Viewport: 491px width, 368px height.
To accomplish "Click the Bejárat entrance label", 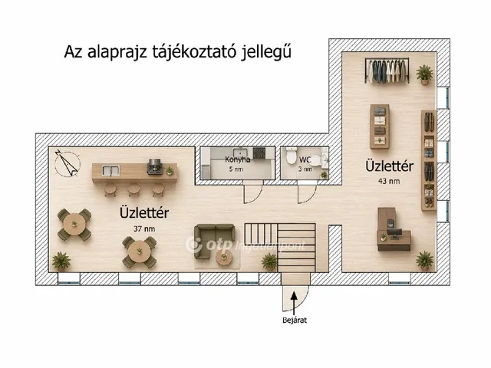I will [x=295, y=320].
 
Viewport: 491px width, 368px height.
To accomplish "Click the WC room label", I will [x=305, y=160].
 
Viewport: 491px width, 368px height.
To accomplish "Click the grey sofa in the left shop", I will [x=213, y=241].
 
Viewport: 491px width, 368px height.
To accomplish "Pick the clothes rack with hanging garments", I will [x=387, y=71].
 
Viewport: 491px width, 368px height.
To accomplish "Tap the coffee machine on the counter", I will [x=155, y=166].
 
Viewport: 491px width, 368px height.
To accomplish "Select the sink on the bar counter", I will [x=109, y=170].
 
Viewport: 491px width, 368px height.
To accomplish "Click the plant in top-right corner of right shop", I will [x=424, y=74].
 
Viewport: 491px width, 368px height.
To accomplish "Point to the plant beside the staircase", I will [x=269, y=261].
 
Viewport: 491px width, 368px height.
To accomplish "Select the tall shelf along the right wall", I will [x=428, y=160].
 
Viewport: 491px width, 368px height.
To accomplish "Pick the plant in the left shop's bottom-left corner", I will [x=61, y=261].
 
